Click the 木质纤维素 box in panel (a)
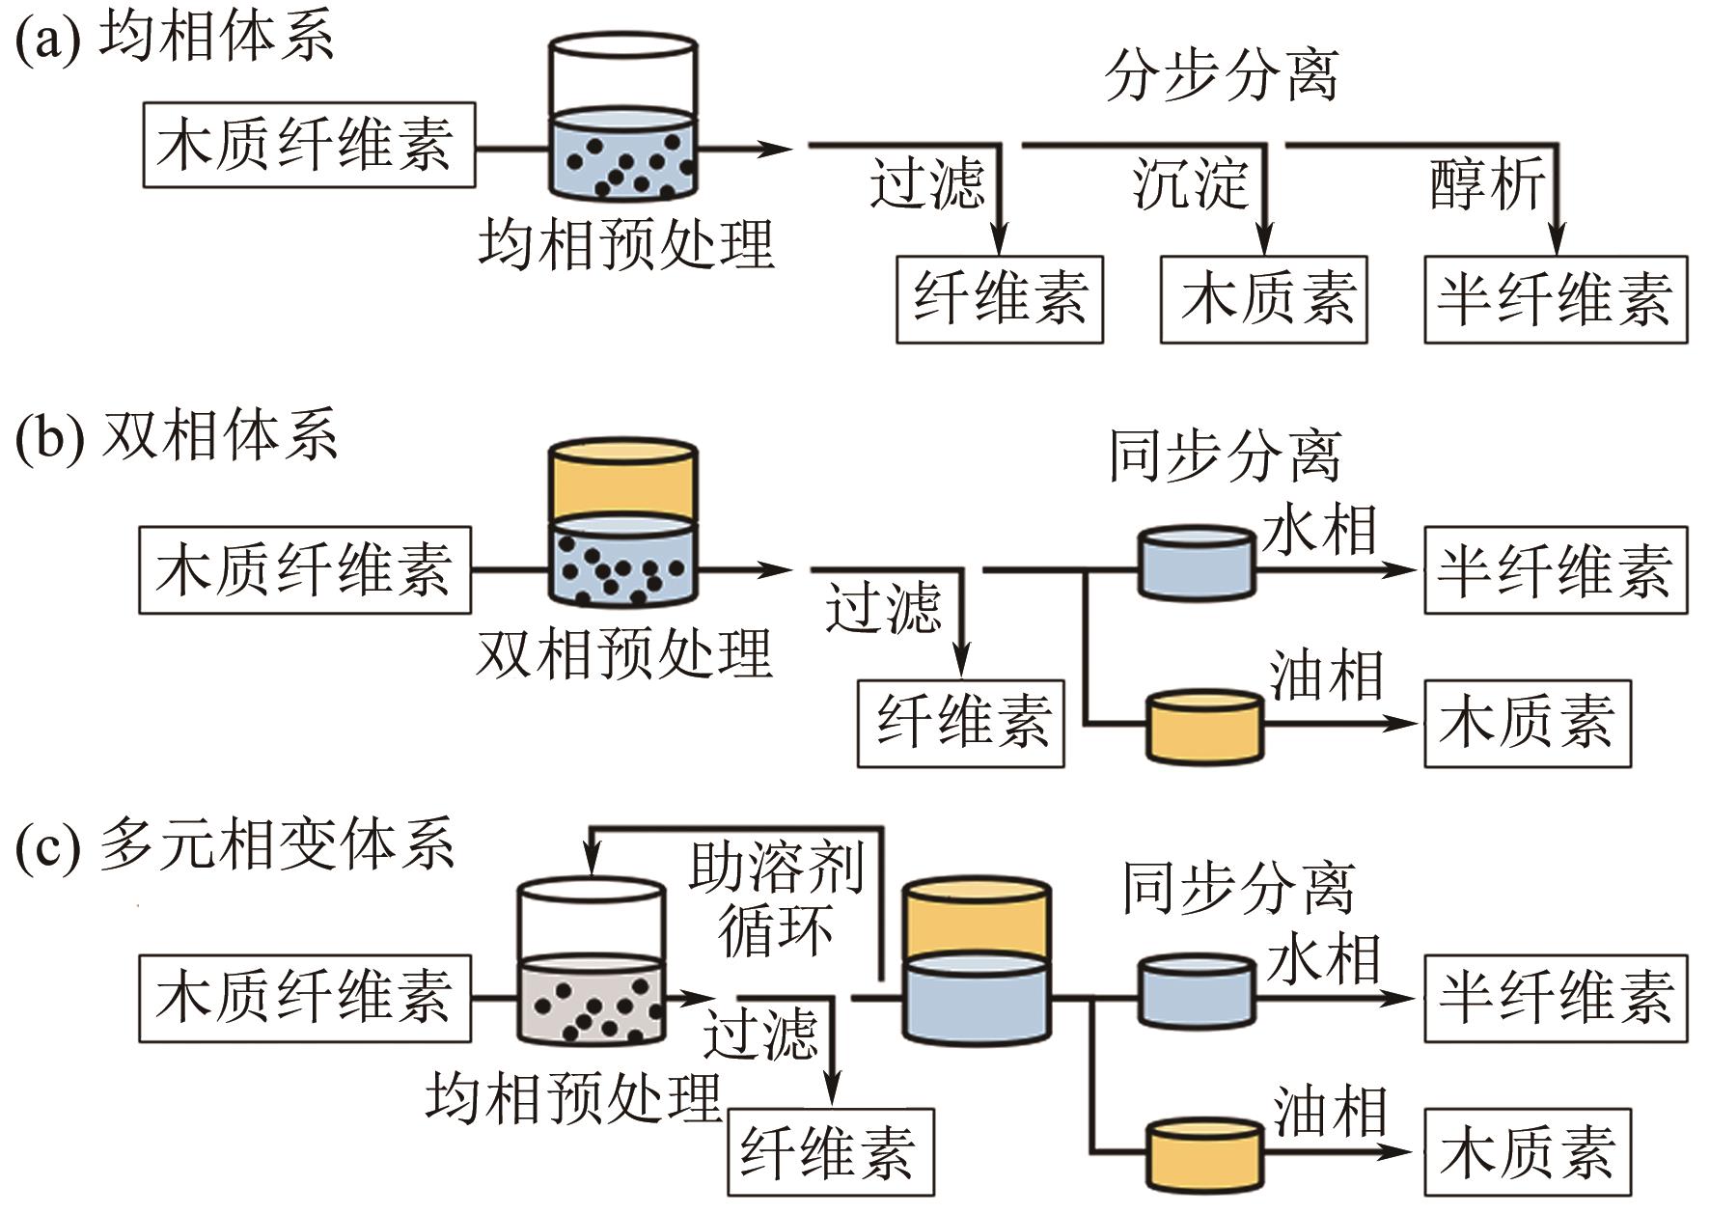309,145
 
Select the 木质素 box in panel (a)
1263,299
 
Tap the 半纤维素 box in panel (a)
1556,299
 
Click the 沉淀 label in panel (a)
1191,183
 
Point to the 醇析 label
1487,183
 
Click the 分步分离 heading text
1222,75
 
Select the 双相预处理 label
625,654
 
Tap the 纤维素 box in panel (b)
961,724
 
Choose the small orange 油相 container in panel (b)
1203,726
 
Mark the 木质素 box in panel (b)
1528,724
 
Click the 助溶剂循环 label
776,897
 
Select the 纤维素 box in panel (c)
830,1152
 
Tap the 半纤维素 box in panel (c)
1556,998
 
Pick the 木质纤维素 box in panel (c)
305,998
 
